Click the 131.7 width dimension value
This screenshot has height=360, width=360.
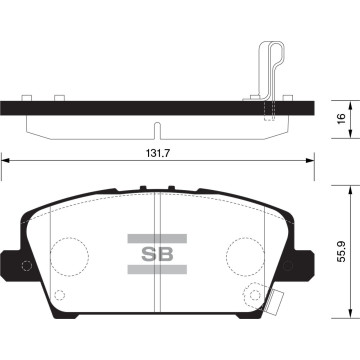point(158,154)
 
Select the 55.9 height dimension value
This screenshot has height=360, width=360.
point(342,251)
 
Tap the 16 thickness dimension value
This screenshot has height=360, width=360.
point(340,119)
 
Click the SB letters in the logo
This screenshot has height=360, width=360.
point(157,254)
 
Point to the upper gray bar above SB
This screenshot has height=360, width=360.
point(157,238)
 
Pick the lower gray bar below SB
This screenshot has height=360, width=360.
point(157,269)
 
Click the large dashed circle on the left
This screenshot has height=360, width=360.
point(70,257)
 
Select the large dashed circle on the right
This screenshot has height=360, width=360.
point(245,257)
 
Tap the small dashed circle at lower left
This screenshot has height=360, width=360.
point(59,295)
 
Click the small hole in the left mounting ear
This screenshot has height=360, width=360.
point(26,266)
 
